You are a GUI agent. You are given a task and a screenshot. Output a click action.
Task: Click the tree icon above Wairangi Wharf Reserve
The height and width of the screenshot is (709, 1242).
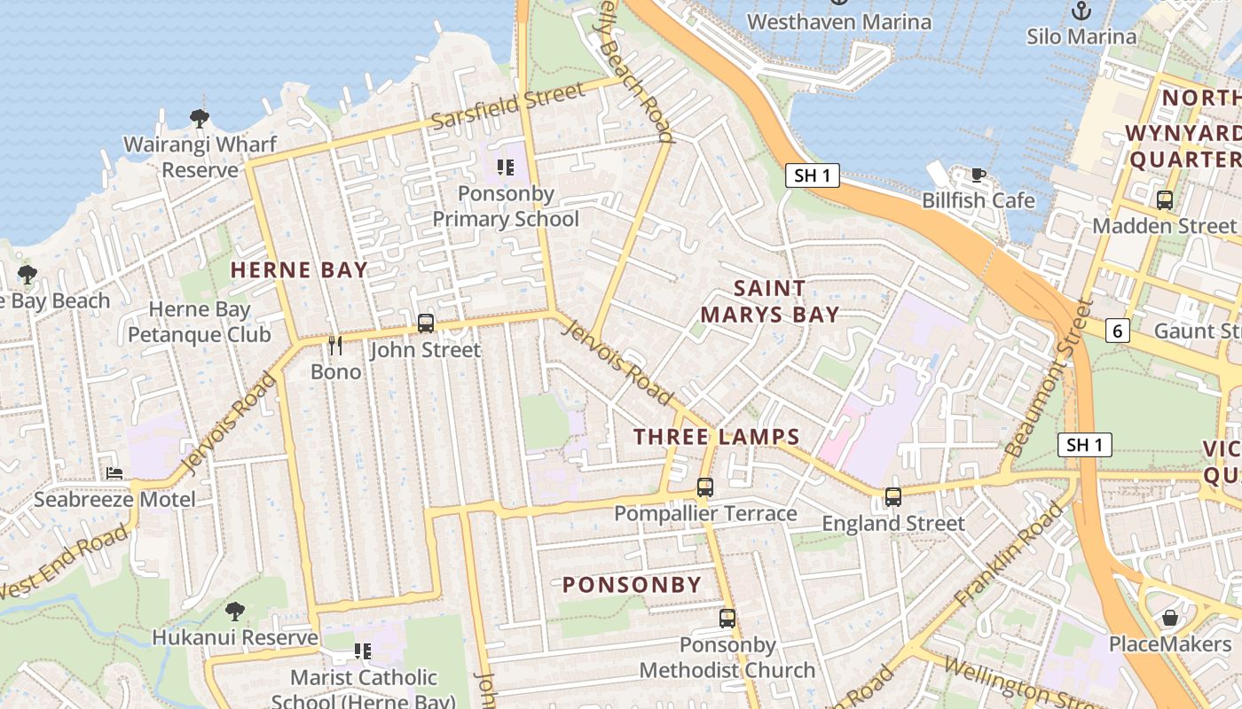[x=200, y=118]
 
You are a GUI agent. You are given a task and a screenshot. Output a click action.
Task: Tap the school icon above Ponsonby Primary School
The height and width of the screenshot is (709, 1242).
[x=506, y=167]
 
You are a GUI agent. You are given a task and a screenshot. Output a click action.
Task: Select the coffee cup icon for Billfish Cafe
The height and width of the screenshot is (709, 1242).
[x=979, y=175]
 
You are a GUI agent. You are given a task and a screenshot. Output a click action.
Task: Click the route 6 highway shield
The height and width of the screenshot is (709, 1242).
[x=1118, y=331]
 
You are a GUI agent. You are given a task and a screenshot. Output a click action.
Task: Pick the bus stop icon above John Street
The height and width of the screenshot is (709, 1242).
[x=426, y=323]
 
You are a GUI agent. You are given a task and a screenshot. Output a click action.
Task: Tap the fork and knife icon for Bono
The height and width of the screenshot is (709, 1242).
[x=335, y=345]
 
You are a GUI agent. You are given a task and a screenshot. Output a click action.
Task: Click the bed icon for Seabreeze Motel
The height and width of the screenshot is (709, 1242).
[x=114, y=473]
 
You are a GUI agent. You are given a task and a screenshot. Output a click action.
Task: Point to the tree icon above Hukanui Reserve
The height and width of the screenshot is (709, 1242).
[x=235, y=611]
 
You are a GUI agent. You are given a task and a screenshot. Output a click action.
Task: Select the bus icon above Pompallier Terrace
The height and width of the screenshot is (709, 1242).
[x=705, y=487]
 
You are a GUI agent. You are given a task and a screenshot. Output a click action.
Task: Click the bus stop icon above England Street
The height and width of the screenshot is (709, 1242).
[x=893, y=496]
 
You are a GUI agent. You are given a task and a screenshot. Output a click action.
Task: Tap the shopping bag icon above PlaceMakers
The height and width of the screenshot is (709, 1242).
[x=1170, y=617]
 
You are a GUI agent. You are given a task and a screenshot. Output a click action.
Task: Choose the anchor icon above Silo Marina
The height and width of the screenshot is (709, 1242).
[x=1081, y=11]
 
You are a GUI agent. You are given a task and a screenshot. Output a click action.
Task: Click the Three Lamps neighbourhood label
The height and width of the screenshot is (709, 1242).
[x=717, y=436]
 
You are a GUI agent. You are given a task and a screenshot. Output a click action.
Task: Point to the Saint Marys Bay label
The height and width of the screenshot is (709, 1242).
[x=770, y=301]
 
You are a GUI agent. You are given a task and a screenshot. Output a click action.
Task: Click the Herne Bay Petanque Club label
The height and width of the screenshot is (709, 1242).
[x=200, y=322]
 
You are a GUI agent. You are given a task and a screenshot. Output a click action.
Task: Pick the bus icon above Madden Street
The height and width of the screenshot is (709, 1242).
[x=1165, y=200]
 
